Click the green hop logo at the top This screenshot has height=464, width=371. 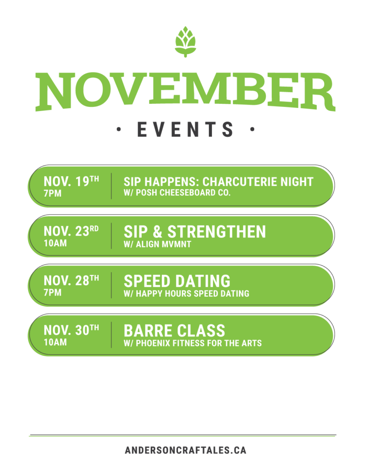pos(185,42)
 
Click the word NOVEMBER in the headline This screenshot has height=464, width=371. pos(185,92)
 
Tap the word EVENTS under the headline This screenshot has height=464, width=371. pos(185,129)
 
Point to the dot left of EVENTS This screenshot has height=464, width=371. pos(119,129)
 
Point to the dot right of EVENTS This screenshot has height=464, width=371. pos(252,129)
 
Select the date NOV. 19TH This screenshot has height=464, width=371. pos(71,181)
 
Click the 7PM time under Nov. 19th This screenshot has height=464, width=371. pos(53,193)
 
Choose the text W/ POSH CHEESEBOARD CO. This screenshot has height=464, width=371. pos(177,193)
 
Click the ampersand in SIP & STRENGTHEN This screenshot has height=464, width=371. pos(158,232)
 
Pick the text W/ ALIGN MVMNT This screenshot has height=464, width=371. pos(157,244)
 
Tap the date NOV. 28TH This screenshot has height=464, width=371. pos(71,280)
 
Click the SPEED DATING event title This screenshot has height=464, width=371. pos(177,281)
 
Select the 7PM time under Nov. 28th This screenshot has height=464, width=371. pos(53,293)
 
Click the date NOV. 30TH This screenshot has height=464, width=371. pos(71,330)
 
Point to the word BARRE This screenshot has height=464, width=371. pos(144,331)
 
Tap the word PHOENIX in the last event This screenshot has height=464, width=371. pos(153,343)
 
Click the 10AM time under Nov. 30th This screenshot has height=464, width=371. pos(55,343)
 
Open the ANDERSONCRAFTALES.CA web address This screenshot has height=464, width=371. pos(186,450)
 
